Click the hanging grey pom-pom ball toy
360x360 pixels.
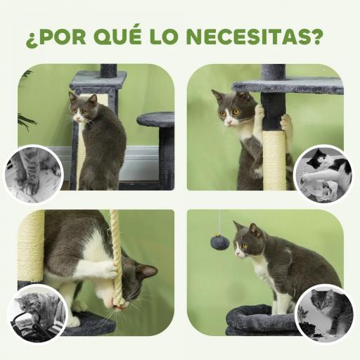[219, 243]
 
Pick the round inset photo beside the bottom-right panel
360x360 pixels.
[323, 313]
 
